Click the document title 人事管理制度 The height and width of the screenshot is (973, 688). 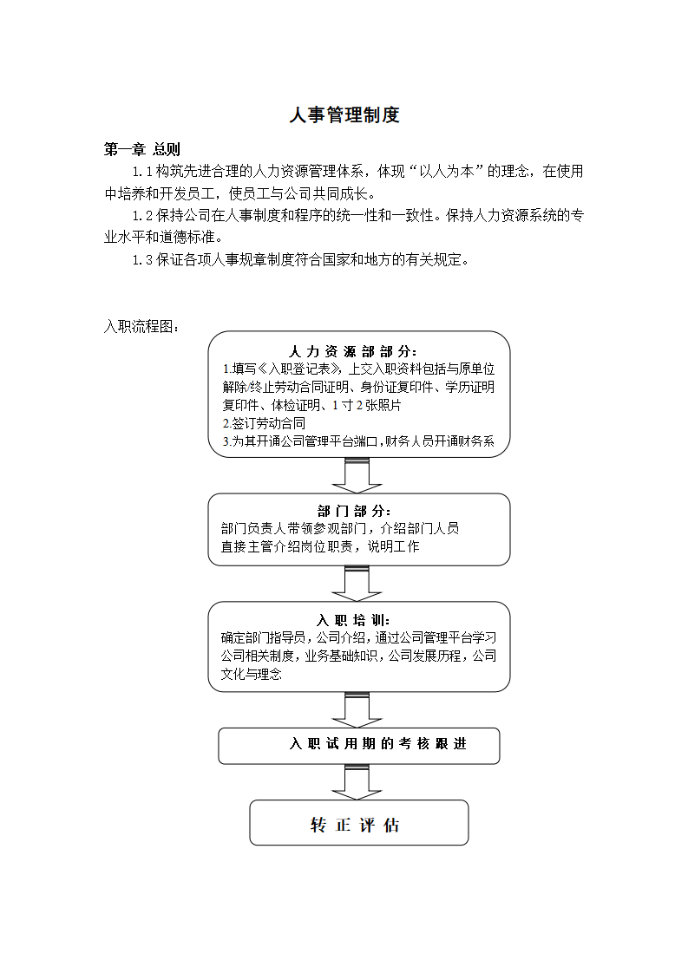[x=344, y=114]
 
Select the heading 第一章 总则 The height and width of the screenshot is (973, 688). [x=141, y=149]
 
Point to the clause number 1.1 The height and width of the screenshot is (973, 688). [x=142, y=172]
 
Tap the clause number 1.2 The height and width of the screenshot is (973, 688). [x=142, y=216]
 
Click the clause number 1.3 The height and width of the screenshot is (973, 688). [x=142, y=260]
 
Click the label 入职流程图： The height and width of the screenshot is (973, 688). [x=141, y=326]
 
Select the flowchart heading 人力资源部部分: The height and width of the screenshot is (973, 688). [x=353, y=352]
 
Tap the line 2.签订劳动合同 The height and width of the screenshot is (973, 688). [x=264, y=424]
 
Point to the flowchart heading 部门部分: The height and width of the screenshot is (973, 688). [x=354, y=512]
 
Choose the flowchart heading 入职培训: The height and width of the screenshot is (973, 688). [x=353, y=620]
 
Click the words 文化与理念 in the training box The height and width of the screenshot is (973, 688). [x=252, y=674]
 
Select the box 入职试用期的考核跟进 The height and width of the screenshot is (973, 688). [x=359, y=746]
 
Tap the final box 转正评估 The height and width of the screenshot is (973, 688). [x=359, y=823]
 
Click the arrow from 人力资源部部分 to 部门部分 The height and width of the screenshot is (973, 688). [x=357, y=475]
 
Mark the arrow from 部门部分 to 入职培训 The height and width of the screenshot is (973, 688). [x=357, y=584]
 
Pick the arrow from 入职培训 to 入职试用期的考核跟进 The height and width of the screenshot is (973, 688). [x=357, y=710]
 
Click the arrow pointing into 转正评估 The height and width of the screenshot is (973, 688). [x=357, y=782]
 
